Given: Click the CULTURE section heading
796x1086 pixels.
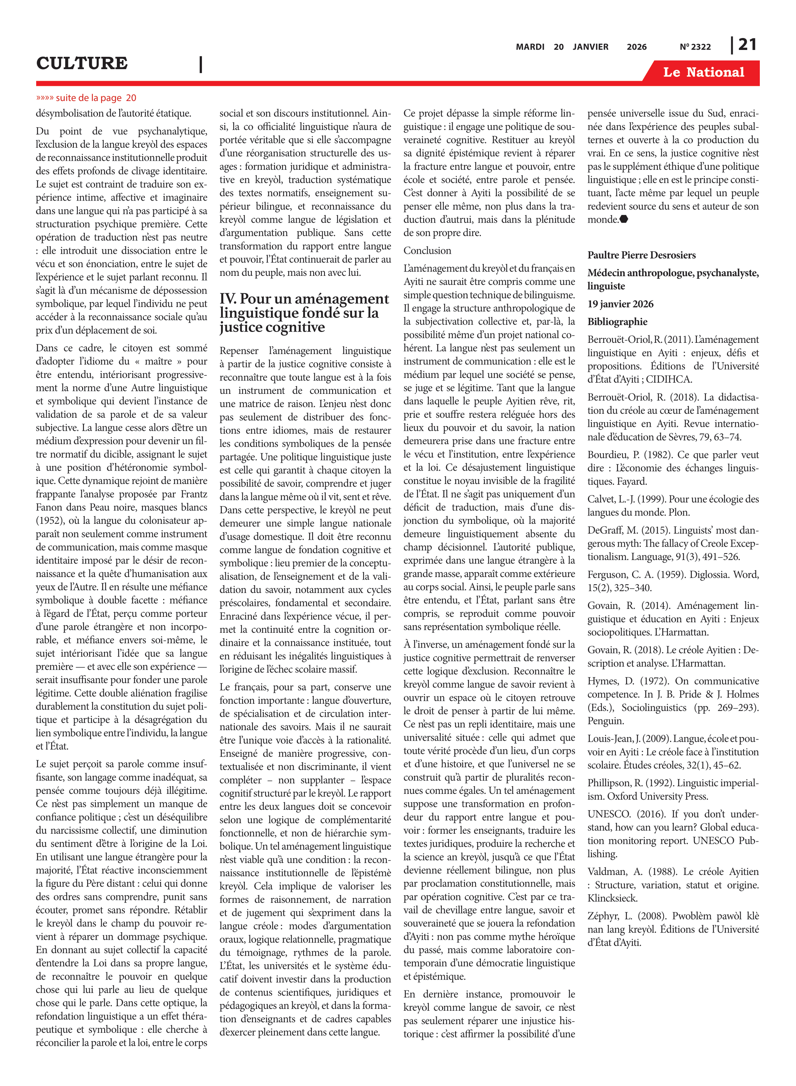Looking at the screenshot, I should click(82, 63).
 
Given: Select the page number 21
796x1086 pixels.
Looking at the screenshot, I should click(747, 45).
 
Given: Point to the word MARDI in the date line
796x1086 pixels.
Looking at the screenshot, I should click(530, 47).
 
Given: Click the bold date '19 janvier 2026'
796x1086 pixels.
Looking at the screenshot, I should click(620, 304).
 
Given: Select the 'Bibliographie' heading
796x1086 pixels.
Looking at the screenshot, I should click(617, 322).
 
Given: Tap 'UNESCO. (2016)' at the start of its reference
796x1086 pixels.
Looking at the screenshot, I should click(618, 814).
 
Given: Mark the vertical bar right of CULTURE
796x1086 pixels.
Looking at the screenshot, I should click(200, 64).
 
